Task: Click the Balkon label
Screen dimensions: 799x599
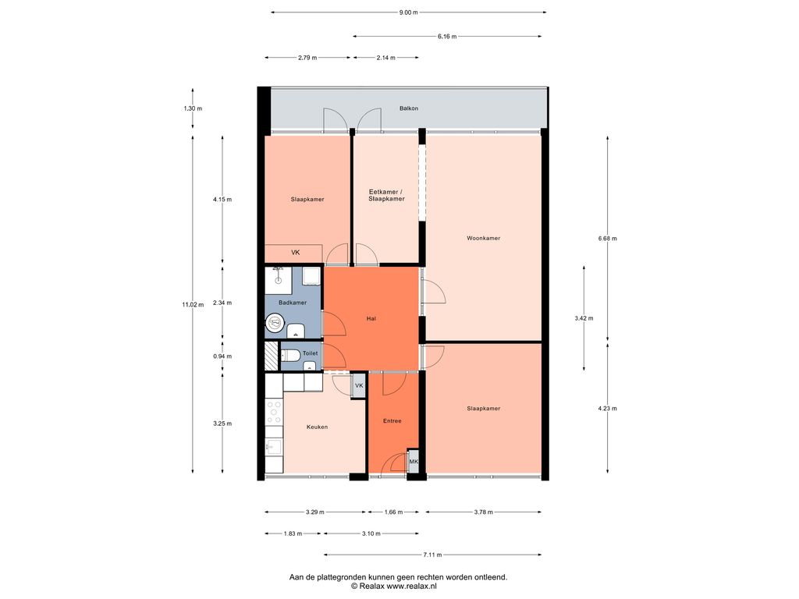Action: [409, 108]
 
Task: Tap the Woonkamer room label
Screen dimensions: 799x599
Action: [483, 238]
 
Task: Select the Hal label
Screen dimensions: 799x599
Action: [371, 318]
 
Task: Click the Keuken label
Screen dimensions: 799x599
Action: [317, 427]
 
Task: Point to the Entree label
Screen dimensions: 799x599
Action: [392, 420]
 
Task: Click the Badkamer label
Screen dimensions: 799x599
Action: [293, 303]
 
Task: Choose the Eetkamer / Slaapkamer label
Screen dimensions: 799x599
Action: [387, 195]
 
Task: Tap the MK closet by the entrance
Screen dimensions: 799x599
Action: [414, 462]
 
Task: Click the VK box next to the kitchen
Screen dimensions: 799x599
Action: [359, 385]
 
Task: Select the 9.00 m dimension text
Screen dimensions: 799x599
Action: [408, 12]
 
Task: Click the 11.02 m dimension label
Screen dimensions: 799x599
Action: [193, 305]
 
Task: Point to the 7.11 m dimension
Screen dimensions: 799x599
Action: [432, 555]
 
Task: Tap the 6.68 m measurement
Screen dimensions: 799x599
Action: [607, 239]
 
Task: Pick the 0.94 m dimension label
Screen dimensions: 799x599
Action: [222, 356]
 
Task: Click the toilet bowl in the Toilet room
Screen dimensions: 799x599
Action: [290, 355]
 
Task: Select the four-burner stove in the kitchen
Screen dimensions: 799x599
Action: [274, 412]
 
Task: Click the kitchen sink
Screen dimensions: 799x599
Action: [274, 447]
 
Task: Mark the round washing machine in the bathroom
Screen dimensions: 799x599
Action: [275, 322]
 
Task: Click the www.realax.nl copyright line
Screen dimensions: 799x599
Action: [394, 587]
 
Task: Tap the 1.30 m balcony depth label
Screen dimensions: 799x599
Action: [193, 108]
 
